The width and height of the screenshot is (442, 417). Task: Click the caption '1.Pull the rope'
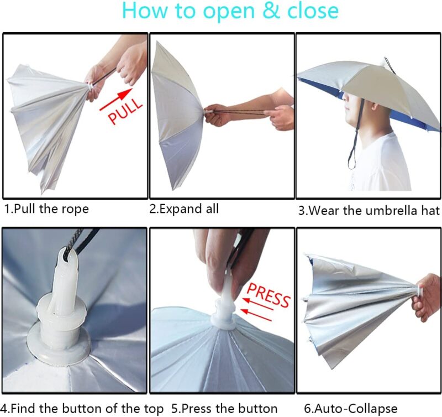click(x=46, y=209)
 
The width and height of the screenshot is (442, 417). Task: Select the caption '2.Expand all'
click(x=185, y=208)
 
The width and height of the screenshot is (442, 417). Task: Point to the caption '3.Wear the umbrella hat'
click(x=369, y=210)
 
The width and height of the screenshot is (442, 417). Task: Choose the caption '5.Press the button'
click(x=224, y=409)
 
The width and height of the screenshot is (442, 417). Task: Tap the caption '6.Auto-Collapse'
click(x=350, y=409)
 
